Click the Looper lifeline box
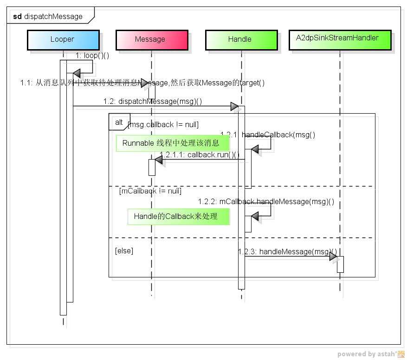pyautogui.click(x=63, y=39)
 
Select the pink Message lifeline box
pyautogui.click(x=150, y=39)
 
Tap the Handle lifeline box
pyautogui.click(x=240, y=39)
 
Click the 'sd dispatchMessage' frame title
pyautogui.click(x=48, y=17)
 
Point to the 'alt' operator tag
pyautogui.click(x=119, y=122)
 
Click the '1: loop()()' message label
pyautogui.click(x=92, y=56)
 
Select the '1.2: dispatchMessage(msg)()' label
pyautogui.click(x=153, y=101)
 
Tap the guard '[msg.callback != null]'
pyautogui.click(x=163, y=124)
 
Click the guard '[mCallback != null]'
pyautogui.click(x=150, y=191)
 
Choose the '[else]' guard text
pyautogui.click(x=124, y=251)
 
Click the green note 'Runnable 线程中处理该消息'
pyautogui.click(x=171, y=143)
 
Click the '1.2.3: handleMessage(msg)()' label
pyautogui.click(x=287, y=251)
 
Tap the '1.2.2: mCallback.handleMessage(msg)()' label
pyautogui.click(x=265, y=202)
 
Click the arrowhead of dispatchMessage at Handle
pyautogui.click(x=234, y=107)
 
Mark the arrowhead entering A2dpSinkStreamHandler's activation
pyautogui.click(x=333, y=257)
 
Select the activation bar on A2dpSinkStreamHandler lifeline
pyautogui.click(x=340, y=264)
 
